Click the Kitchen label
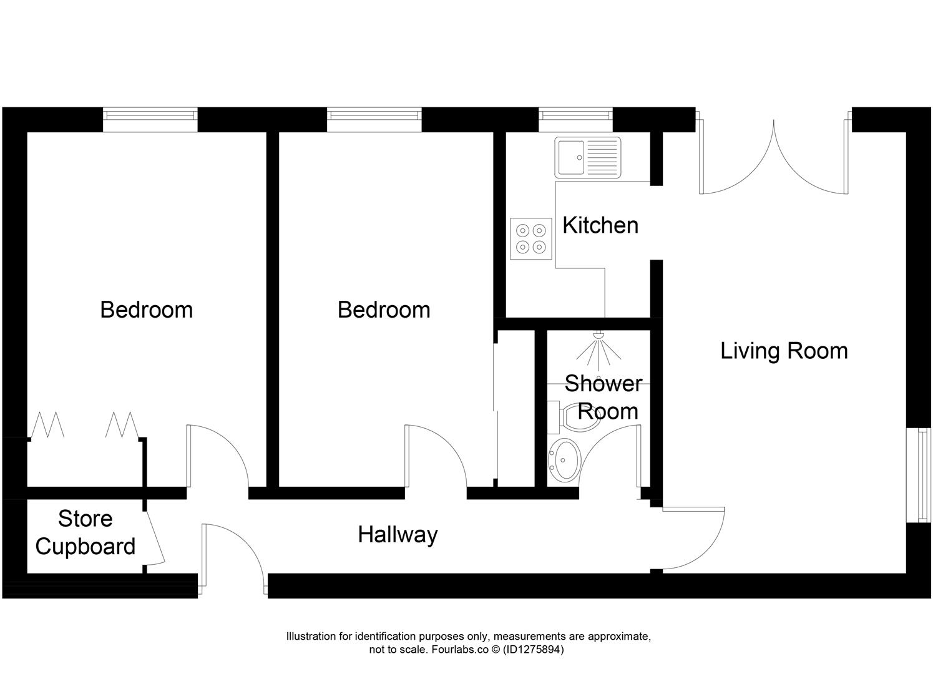coord(600,225)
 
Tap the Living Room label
coord(784,351)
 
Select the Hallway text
coord(398,535)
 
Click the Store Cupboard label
coord(85,532)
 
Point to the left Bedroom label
coord(146,310)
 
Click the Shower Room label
coord(603,398)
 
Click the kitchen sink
coord(587,157)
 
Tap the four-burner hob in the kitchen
coord(531,238)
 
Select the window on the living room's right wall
coord(919,474)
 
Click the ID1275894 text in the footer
coord(533,650)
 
